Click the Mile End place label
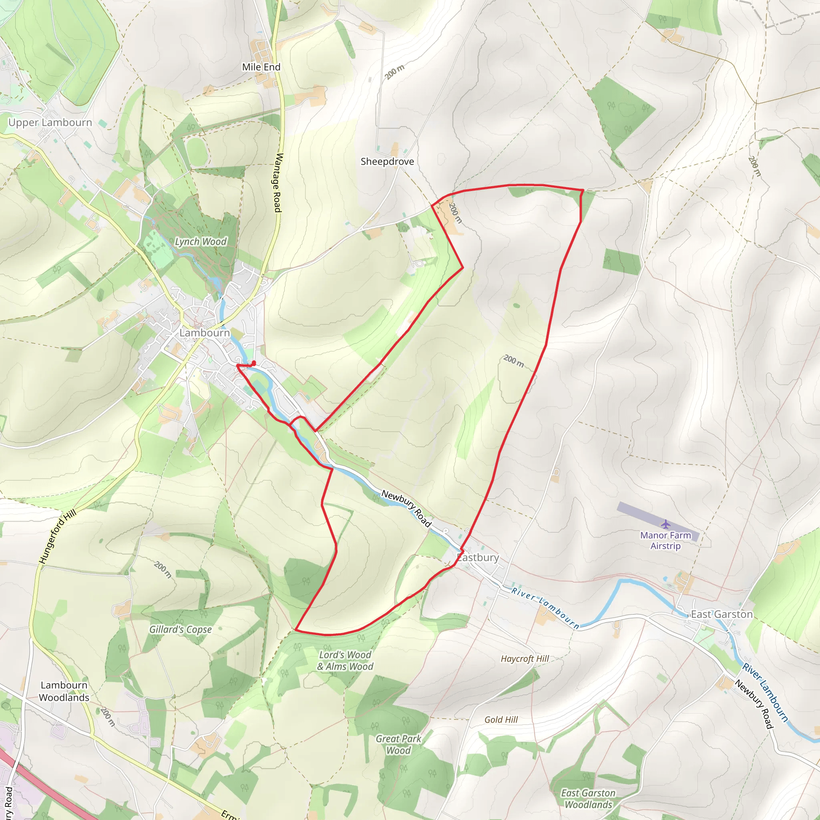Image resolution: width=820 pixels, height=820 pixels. [261, 67]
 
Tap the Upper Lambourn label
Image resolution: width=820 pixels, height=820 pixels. [50, 123]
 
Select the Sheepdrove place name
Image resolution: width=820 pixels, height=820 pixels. [387, 162]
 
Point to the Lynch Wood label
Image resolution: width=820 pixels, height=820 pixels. [201, 241]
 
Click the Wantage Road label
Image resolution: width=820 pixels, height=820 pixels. [278, 183]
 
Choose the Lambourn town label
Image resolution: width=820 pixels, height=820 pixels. [205, 333]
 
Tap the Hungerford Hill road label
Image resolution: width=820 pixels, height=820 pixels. [58, 537]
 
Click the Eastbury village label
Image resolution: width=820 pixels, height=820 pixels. [478, 557]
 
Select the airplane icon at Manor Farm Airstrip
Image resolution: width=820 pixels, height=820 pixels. [665, 525]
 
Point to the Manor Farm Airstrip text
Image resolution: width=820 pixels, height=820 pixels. [665, 541]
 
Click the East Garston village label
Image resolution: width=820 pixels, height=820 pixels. [722, 614]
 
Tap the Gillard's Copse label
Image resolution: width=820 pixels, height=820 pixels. [181, 629]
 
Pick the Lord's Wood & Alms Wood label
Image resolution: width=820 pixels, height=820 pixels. [345, 661]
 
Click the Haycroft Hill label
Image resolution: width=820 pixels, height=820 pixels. [525, 659]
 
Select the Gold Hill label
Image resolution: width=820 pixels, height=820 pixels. [501, 720]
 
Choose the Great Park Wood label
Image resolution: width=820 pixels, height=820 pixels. [398, 744]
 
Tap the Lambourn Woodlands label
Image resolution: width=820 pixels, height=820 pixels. [64, 691]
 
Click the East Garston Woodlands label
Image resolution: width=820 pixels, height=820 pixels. [588, 799]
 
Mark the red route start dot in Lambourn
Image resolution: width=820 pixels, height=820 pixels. [254, 363]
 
